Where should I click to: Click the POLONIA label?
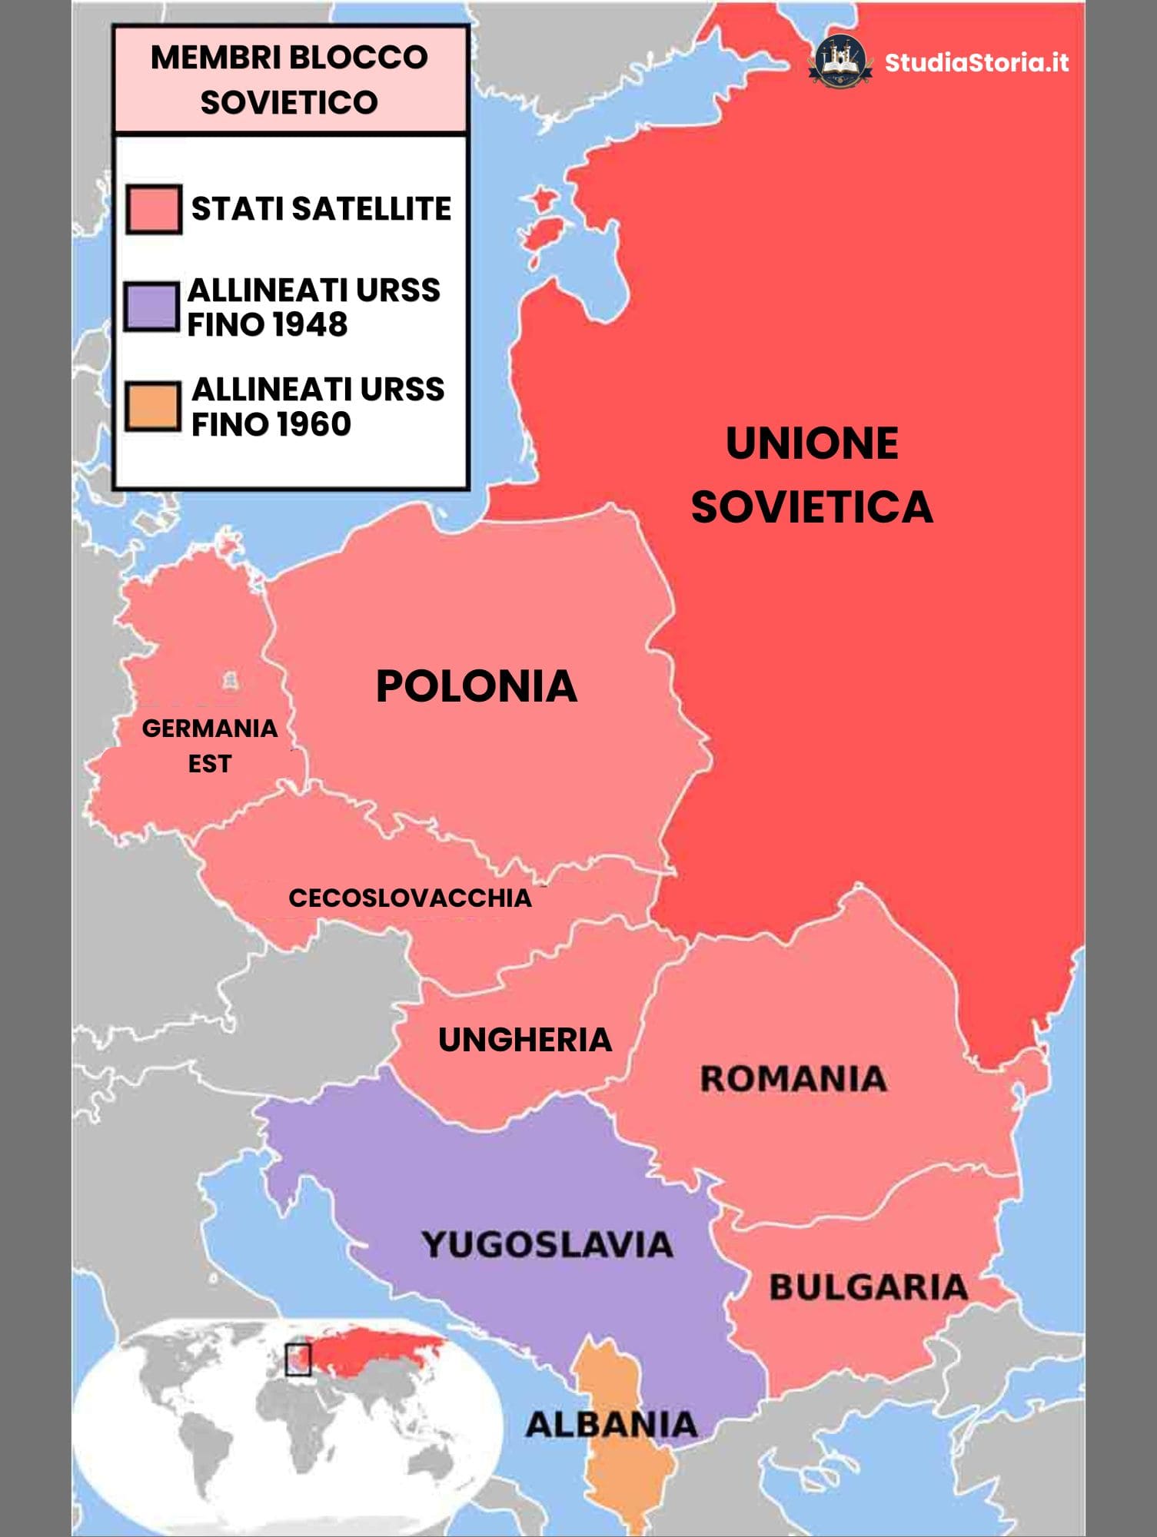point(476,686)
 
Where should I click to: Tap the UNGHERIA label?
point(525,1040)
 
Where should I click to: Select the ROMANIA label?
point(793,1078)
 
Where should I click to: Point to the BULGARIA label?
point(869,1287)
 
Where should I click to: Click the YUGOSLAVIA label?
point(547,1244)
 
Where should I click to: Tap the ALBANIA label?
point(612,1425)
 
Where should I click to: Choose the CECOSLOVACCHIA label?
point(410,898)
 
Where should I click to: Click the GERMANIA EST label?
point(210,745)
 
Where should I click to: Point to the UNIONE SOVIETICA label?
point(812,475)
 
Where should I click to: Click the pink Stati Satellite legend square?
point(154,209)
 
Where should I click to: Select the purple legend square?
point(151,307)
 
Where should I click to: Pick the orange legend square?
point(153,406)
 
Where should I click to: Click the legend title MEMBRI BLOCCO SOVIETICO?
point(289,79)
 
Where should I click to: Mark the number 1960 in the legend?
point(313,424)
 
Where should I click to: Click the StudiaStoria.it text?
point(976,62)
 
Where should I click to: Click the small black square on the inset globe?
point(298,1359)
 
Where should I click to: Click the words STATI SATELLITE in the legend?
point(321,209)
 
